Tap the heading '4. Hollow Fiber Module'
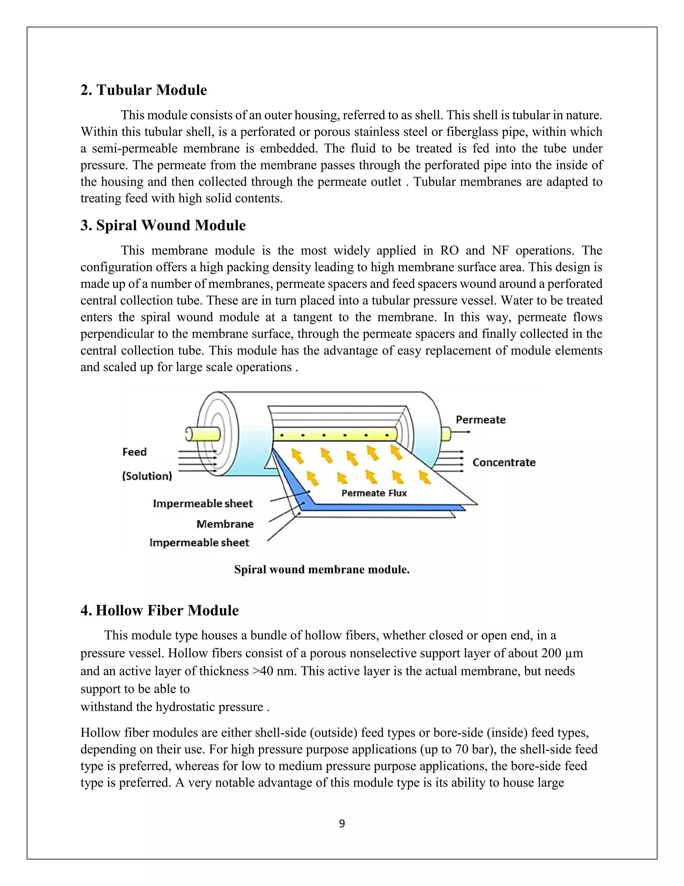(159, 610)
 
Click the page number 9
(342, 823)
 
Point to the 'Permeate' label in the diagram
(481, 420)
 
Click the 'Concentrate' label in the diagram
(504, 462)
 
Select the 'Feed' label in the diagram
(134, 452)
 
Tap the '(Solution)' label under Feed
(147, 476)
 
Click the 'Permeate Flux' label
(374, 493)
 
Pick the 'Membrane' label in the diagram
(225, 524)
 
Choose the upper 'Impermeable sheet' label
(203, 504)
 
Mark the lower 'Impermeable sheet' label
(199, 542)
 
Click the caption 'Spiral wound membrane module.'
(322, 570)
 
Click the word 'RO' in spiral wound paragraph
(450, 250)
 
